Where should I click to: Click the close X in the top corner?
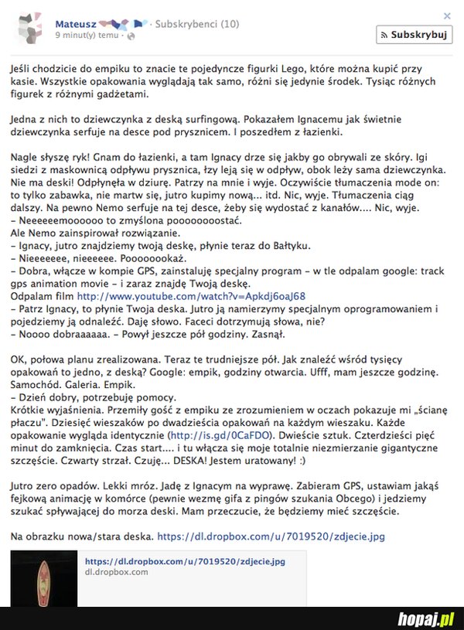tap(446, 15)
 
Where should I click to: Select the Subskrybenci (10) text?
tap(196, 24)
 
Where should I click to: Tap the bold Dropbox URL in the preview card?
tap(184, 561)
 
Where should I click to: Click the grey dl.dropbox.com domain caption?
tap(116, 572)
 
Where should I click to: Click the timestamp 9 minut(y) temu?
tap(87, 36)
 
